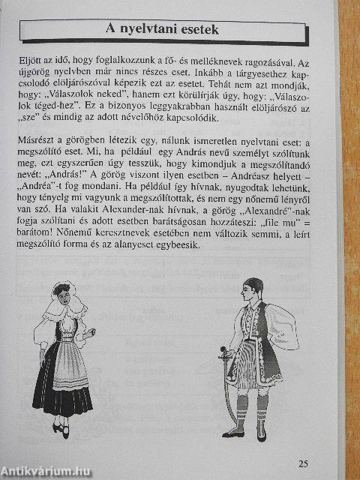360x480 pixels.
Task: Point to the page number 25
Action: [x=302, y=463]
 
